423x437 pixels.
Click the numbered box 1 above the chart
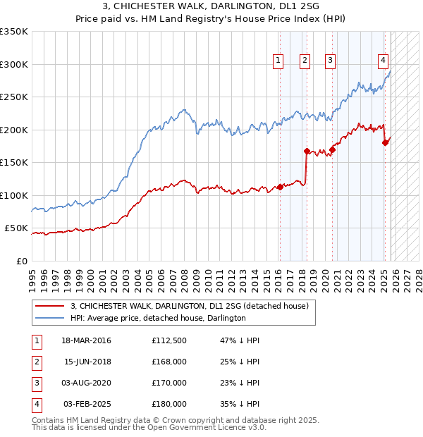tap(278, 61)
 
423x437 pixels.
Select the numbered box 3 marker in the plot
tap(330, 61)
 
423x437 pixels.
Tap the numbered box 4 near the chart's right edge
tap(383, 61)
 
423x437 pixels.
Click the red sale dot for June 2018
tap(307, 151)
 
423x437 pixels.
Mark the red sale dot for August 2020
tap(332, 149)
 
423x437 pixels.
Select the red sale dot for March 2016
tap(280, 187)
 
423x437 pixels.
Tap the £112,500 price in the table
tap(169, 340)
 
